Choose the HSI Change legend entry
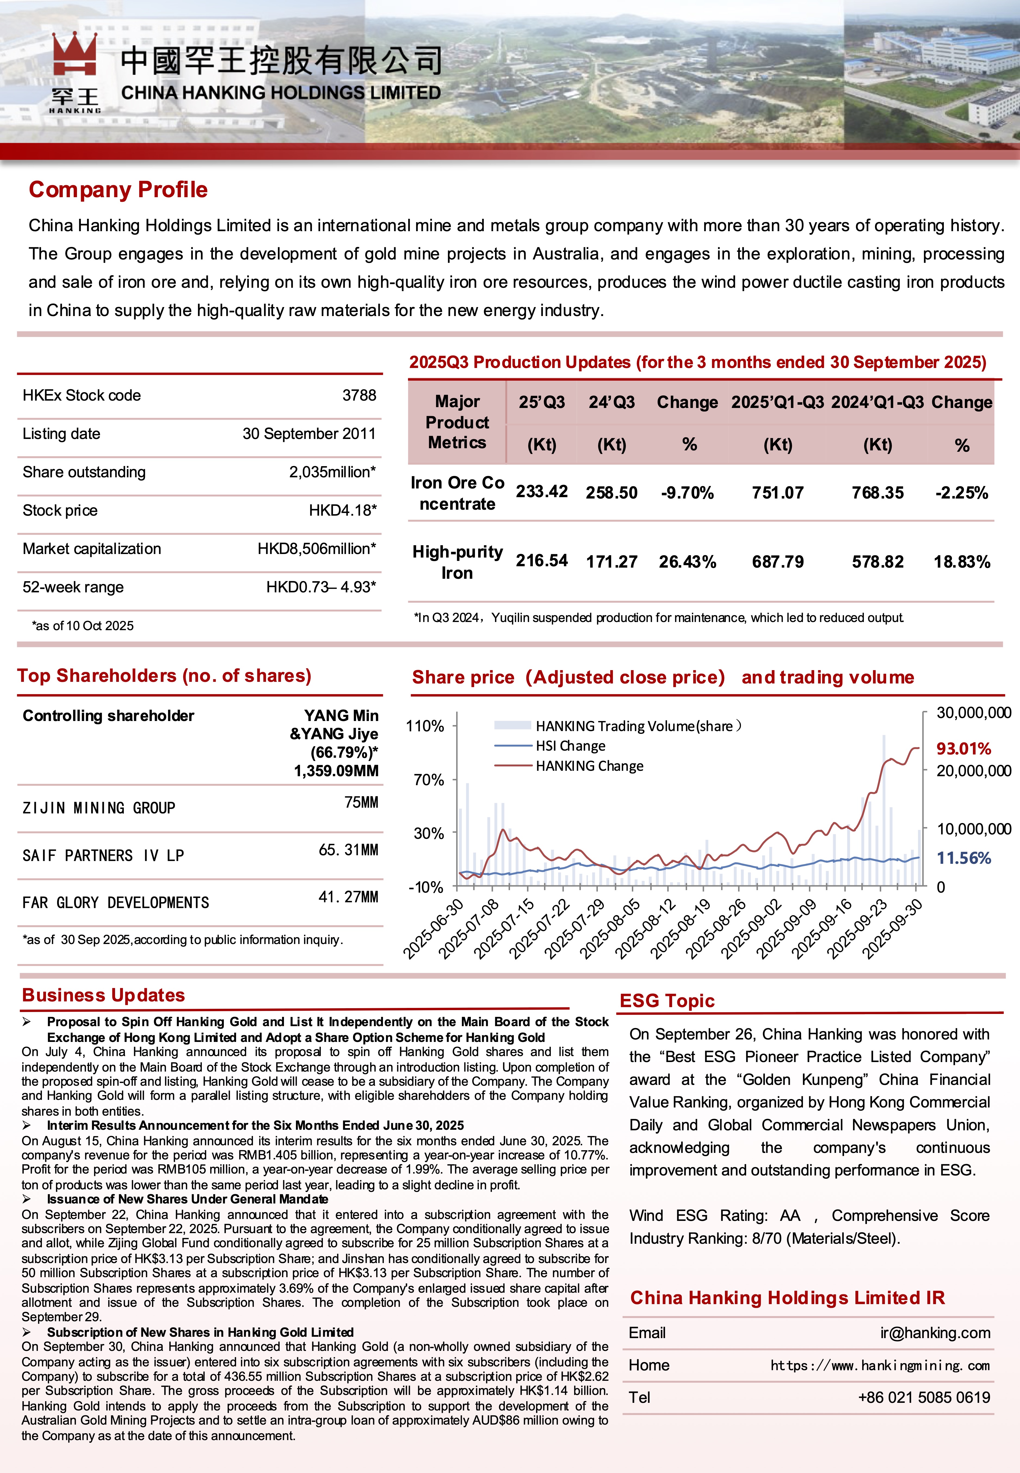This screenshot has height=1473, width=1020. click(570, 746)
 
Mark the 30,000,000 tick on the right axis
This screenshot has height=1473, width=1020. click(973, 713)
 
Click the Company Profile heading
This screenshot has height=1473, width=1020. click(118, 190)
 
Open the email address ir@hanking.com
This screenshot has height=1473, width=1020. click(934, 1333)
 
